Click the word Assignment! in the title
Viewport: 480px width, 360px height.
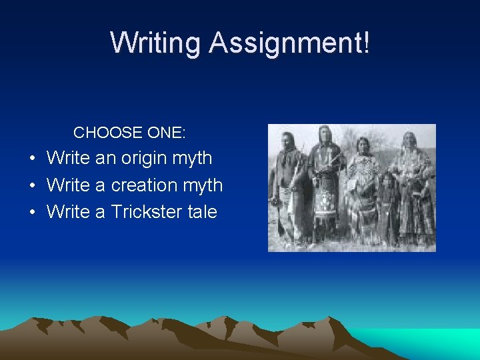(288, 43)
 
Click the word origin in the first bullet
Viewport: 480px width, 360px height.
(145, 159)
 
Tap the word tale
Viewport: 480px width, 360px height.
(202, 212)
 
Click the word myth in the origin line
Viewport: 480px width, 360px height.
(192, 159)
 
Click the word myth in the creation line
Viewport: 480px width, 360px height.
(203, 185)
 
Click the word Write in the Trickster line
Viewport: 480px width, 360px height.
(68, 212)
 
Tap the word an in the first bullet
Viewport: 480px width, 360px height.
(105, 159)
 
